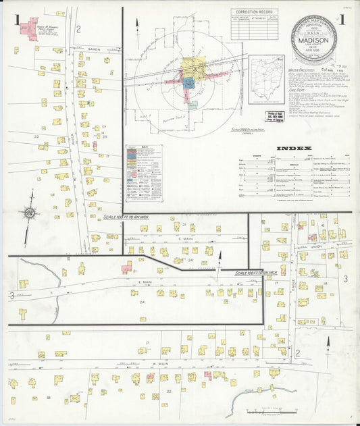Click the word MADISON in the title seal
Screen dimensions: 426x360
click(x=313, y=40)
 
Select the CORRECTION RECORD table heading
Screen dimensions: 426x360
click(x=254, y=11)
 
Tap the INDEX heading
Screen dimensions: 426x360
click(x=293, y=149)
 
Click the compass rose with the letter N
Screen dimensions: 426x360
click(x=30, y=214)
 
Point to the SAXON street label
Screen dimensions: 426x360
click(x=94, y=49)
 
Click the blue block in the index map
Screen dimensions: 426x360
click(x=189, y=82)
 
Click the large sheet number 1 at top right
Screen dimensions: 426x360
click(x=342, y=19)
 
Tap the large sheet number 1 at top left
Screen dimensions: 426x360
click(x=16, y=20)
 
